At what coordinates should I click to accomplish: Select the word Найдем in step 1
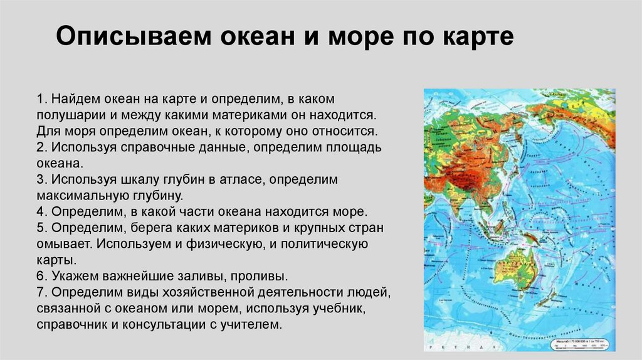tap(73, 100)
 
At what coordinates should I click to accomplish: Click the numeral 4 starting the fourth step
tap(39, 212)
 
